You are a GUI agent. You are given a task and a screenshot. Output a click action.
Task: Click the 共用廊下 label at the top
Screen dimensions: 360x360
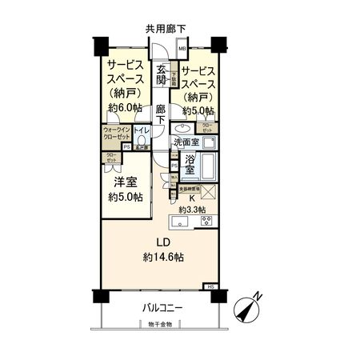tap(165, 27)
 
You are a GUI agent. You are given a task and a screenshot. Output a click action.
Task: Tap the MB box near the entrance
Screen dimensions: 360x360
tap(182, 49)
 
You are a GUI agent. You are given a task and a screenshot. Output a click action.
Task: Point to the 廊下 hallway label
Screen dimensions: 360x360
tap(161, 114)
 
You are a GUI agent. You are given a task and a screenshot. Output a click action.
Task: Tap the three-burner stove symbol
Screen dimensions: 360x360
tap(205, 221)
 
